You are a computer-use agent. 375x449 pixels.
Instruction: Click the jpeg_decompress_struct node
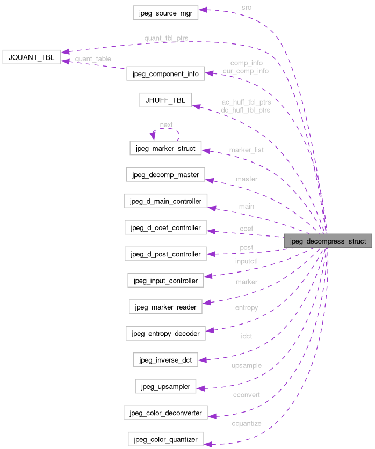tap(328, 241)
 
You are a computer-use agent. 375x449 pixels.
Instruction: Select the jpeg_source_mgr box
tap(165, 13)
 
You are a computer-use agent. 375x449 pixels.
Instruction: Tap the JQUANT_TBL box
tap(32, 57)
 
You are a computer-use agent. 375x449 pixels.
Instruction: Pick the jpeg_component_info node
tap(165, 74)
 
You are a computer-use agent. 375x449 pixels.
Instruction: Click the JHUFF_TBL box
tap(165, 100)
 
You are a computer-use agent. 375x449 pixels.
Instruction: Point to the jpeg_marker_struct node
tap(165, 148)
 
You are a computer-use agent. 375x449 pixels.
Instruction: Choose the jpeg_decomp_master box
tap(165, 174)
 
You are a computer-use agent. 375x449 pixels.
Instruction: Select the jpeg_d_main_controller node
tap(165, 201)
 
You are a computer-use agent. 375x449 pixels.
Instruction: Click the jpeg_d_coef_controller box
tap(165, 228)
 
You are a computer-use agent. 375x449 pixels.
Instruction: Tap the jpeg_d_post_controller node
tap(165, 254)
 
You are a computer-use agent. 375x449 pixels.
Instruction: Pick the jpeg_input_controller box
tap(165, 280)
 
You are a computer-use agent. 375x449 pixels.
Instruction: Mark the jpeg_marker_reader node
tap(165, 307)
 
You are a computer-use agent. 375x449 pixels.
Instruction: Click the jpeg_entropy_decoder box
tap(165, 333)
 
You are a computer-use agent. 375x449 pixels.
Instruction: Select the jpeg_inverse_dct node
tap(165, 359)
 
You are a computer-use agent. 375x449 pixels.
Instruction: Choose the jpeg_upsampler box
tap(165, 386)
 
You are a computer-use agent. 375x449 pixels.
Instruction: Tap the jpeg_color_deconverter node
tap(165, 413)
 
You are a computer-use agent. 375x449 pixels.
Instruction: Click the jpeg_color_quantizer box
tap(165, 439)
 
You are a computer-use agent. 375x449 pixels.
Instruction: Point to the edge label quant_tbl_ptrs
tap(166, 39)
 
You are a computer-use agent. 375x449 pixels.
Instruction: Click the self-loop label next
tap(166, 124)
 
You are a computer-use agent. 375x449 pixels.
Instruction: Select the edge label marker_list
tap(246, 150)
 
